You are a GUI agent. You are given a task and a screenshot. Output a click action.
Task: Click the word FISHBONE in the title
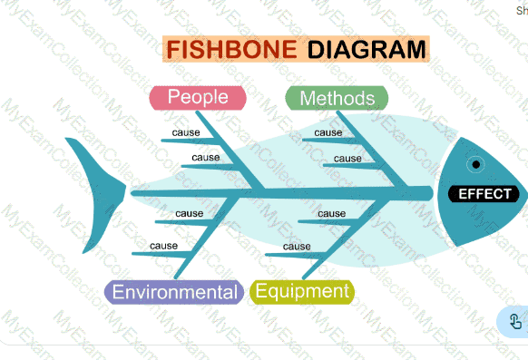coord(231,50)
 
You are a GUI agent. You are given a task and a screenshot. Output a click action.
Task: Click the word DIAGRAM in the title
coord(367,50)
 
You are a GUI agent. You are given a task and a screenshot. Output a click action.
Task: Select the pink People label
coord(198,98)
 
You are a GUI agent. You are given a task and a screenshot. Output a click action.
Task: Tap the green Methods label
coord(337,98)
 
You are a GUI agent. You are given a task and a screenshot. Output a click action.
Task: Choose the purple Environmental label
coord(174,292)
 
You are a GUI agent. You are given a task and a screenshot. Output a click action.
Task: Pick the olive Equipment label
coord(302,291)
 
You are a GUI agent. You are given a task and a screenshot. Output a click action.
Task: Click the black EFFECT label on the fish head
coord(484,194)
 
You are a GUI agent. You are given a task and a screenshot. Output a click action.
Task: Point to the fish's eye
coord(475,164)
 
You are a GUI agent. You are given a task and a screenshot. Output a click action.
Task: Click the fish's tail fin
coord(98,195)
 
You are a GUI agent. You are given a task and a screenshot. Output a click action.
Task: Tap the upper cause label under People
coord(186,132)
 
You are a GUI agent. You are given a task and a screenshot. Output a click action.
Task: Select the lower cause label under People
coord(206,158)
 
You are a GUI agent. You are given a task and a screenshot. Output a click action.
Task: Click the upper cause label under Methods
coord(328,132)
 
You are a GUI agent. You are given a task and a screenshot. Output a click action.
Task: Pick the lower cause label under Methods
coord(347,159)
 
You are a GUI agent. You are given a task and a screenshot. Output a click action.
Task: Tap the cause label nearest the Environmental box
coord(163,246)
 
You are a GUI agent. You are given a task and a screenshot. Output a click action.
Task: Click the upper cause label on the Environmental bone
coord(190,214)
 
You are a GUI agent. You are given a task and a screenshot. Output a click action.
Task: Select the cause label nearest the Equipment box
coord(297,247)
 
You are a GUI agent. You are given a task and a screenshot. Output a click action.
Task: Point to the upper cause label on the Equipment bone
coord(332,214)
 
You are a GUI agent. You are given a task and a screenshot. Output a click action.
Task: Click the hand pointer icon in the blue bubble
coord(515,322)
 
